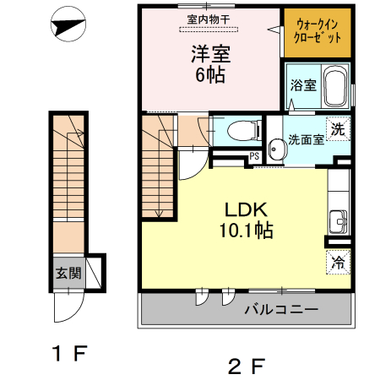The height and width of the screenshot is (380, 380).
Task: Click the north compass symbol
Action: coord(68,28)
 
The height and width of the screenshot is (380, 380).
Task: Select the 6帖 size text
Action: coord(210,76)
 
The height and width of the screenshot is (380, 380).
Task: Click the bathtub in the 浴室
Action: coord(334,86)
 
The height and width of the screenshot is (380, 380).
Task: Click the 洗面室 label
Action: coord(305,140)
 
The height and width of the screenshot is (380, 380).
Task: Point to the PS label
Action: coord(253,155)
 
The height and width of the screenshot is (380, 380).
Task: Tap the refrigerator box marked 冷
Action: coord(337,263)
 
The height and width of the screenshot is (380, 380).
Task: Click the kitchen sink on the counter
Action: coord(340,220)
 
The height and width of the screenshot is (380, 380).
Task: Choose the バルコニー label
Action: coord(282,310)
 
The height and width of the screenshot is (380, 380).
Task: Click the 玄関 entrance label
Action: coord(68,273)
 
